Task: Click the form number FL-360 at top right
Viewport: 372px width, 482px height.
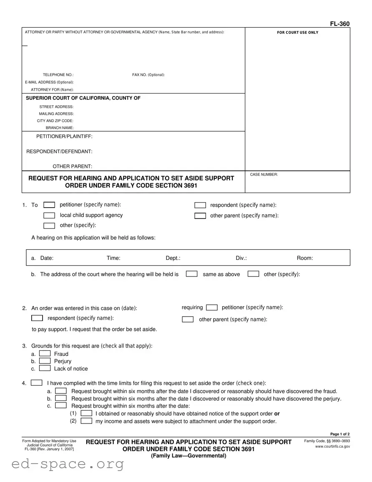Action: coord(339,24)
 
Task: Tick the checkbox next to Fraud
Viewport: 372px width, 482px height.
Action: coord(45,354)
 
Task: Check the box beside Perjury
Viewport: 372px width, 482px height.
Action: coord(45,361)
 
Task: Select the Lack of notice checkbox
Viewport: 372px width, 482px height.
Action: coord(45,368)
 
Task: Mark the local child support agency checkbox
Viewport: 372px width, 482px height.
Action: coord(49,216)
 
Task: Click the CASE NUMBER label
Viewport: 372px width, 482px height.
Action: coord(264,175)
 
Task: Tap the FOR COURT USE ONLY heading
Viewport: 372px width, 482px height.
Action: coord(297,33)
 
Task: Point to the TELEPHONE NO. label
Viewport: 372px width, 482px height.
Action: coord(58,75)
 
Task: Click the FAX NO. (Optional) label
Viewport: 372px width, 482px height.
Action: coord(148,75)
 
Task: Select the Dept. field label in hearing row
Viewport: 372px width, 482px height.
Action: coord(173,258)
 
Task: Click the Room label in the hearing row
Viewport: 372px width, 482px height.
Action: coord(304,258)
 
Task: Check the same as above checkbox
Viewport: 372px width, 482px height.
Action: coord(191,274)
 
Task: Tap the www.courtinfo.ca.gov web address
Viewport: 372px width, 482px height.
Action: coord(332,446)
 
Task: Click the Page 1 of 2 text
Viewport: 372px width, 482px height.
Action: coord(340,434)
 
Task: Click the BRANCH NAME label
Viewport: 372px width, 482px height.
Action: coord(60,128)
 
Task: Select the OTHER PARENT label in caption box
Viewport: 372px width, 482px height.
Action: coord(72,166)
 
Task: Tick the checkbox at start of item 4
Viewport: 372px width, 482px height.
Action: coord(37,383)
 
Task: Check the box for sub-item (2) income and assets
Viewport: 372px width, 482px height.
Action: coord(86,421)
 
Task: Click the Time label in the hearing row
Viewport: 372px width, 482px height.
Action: coord(113,258)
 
